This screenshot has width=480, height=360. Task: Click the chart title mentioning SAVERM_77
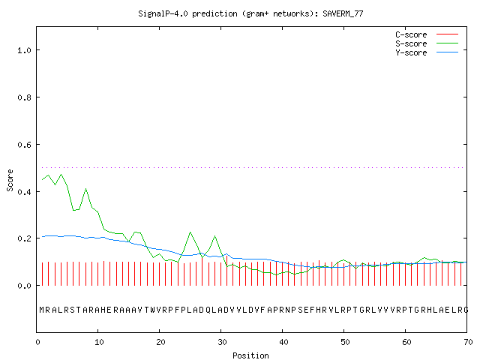tap(250, 13)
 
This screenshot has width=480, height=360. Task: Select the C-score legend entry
tap(427, 34)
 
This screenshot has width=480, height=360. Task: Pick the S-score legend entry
tap(427, 43)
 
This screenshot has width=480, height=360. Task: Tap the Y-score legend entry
tap(427, 52)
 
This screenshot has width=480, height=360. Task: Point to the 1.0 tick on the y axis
tap(25, 50)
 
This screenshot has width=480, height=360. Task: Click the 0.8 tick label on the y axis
tap(25, 97)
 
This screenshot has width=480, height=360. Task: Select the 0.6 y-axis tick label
tap(25, 145)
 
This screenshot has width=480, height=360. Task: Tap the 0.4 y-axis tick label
tap(25, 192)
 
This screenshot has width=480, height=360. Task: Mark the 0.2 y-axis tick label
tap(25, 238)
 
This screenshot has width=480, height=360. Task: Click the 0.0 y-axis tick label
tap(25, 286)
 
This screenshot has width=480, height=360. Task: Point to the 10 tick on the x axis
tap(99, 342)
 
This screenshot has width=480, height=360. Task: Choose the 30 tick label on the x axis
tap(222, 342)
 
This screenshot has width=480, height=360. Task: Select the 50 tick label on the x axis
tap(345, 342)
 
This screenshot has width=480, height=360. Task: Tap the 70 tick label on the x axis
tap(468, 342)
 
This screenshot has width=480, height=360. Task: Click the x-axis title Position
tap(250, 355)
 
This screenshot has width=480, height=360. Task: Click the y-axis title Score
tap(10, 180)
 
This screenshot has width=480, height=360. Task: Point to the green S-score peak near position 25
tap(190, 232)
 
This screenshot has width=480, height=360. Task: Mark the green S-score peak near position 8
tap(85, 188)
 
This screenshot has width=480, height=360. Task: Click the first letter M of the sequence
tap(42, 310)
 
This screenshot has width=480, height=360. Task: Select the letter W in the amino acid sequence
tap(153, 310)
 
